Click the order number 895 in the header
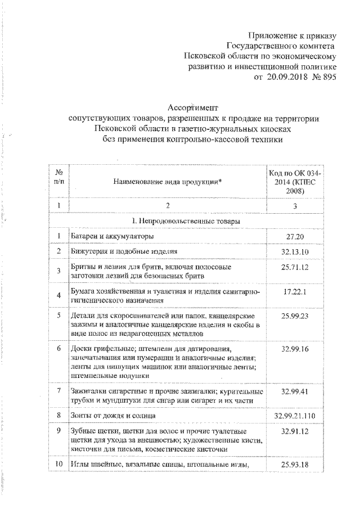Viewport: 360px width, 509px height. [x=327, y=78]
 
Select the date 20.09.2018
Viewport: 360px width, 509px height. [x=288, y=78]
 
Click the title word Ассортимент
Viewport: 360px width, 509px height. [x=192, y=108]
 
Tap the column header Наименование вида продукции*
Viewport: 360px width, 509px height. [x=167, y=182]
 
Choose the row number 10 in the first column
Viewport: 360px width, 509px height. [x=58, y=465]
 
